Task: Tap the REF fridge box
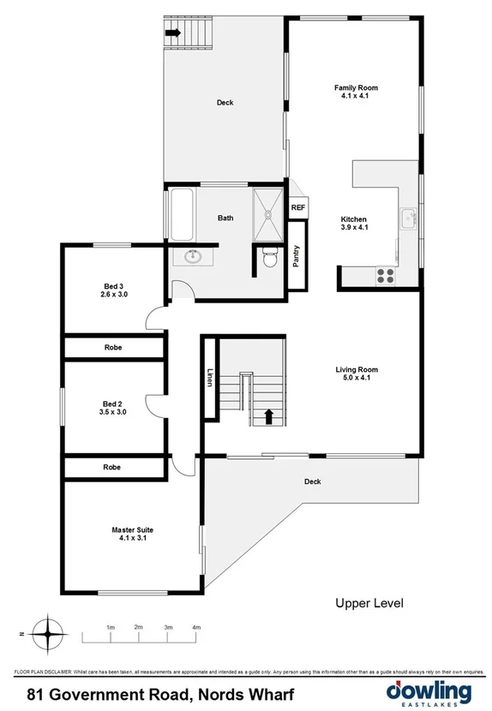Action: click(298, 207)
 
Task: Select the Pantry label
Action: click(297, 257)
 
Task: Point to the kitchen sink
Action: click(409, 219)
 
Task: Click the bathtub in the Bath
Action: click(181, 214)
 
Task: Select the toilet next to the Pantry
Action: click(269, 255)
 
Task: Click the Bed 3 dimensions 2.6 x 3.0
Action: click(113, 295)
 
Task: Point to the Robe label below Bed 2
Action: click(111, 468)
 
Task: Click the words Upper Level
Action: click(369, 604)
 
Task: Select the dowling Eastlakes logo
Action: click(429, 692)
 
